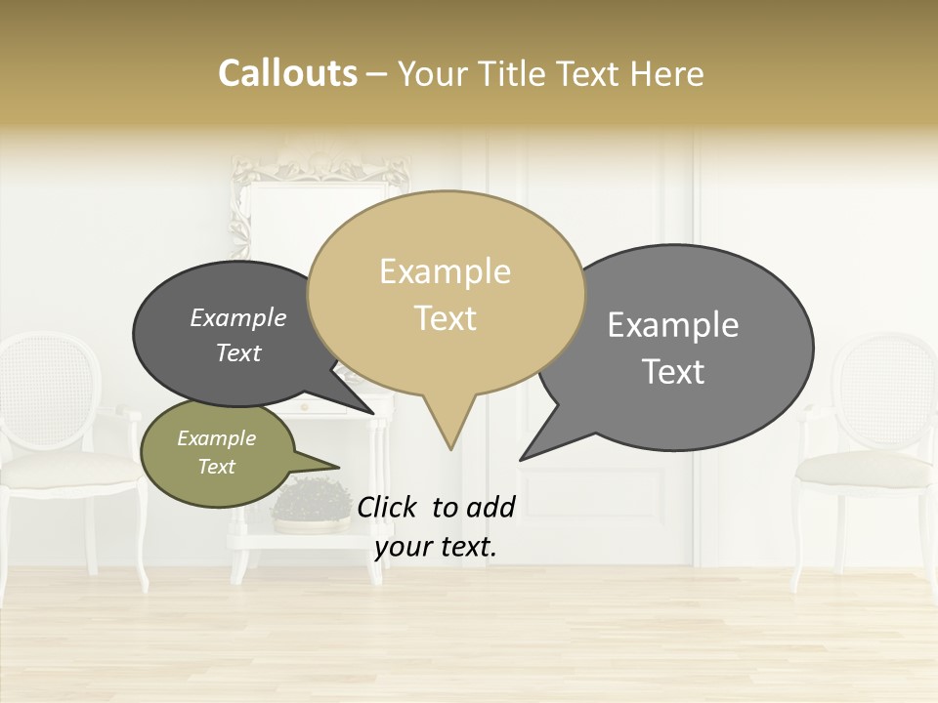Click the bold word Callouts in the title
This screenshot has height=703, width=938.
click(x=287, y=73)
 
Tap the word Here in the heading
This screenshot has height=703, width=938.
click(x=667, y=73)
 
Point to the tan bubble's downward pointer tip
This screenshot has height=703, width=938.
click(x=450, y=446)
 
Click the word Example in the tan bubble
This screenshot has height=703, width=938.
click(x=446, y=271)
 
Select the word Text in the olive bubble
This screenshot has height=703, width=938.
click(x=217, y=467)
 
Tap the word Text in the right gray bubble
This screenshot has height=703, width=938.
click(x=673, y=372)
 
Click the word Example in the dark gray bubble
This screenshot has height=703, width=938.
click(x=238, y=318)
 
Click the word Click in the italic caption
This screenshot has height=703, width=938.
click(x=389, y=507)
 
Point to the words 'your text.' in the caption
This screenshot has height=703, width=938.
click(x=436, y=547)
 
